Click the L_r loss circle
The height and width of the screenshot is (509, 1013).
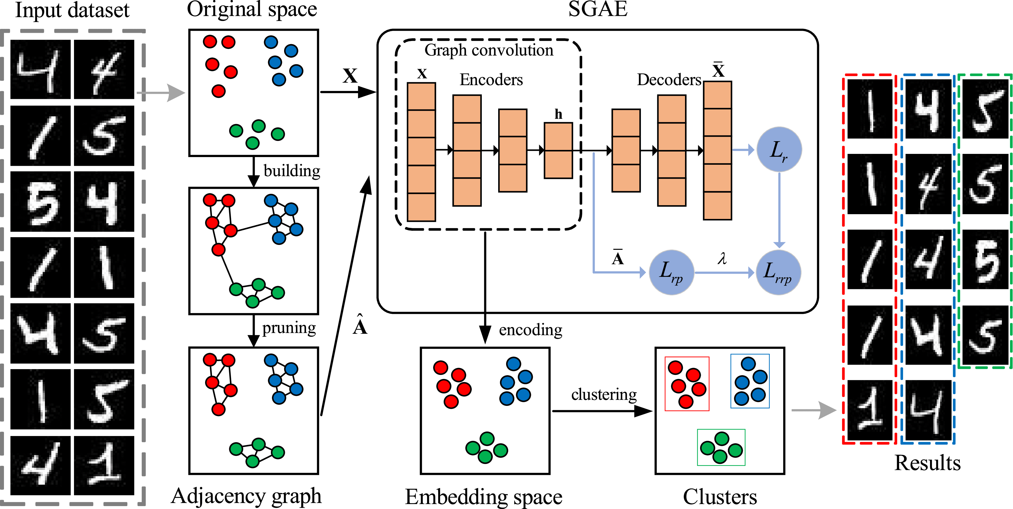pos(779,149)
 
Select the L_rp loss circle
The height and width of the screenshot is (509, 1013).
pos(671,272)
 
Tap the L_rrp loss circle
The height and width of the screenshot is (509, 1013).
pos(778,272)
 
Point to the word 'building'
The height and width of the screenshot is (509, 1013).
pos(292,171)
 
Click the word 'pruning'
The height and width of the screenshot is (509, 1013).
pos(289,328)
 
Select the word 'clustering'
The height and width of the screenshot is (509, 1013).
pos(604,394)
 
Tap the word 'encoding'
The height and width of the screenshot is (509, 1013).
pos(530,330)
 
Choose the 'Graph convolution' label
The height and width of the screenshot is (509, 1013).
pos(489,50)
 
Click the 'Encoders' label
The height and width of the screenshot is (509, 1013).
pos(491,80)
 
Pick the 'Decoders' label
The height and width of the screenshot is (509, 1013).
pos(669,80)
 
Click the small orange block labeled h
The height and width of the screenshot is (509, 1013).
pos(558,151)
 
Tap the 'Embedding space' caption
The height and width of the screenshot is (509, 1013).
pos(484,497)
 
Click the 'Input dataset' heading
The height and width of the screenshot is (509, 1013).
pos(72,10)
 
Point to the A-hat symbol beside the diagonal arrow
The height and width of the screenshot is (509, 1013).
pos(360,325)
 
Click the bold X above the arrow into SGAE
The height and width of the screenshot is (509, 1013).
pos(350,76)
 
